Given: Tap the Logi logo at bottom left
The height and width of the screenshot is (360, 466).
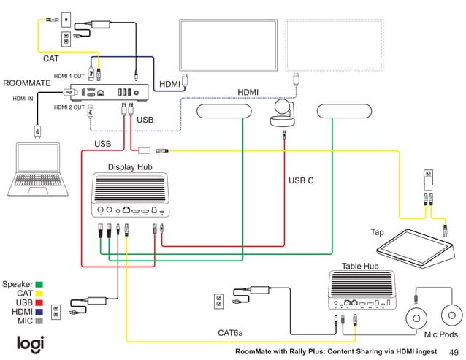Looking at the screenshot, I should [31, 343].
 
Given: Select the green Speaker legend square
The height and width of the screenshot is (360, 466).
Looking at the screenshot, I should [39, 284].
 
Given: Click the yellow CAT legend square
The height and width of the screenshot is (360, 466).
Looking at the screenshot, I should [39, 294].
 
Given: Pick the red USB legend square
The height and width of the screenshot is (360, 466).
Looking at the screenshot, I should [39, 302].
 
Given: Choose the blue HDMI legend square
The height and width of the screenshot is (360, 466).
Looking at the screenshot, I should [39, 312].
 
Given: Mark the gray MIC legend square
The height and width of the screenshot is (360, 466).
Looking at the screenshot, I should [39, 321].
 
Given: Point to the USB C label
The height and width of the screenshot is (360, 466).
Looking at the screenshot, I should [301, 180].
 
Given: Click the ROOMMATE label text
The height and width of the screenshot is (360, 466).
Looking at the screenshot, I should [27, 83].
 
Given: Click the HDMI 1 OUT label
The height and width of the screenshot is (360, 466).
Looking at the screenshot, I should [69, 76].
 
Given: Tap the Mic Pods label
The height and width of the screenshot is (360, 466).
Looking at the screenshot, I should [441, 334].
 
